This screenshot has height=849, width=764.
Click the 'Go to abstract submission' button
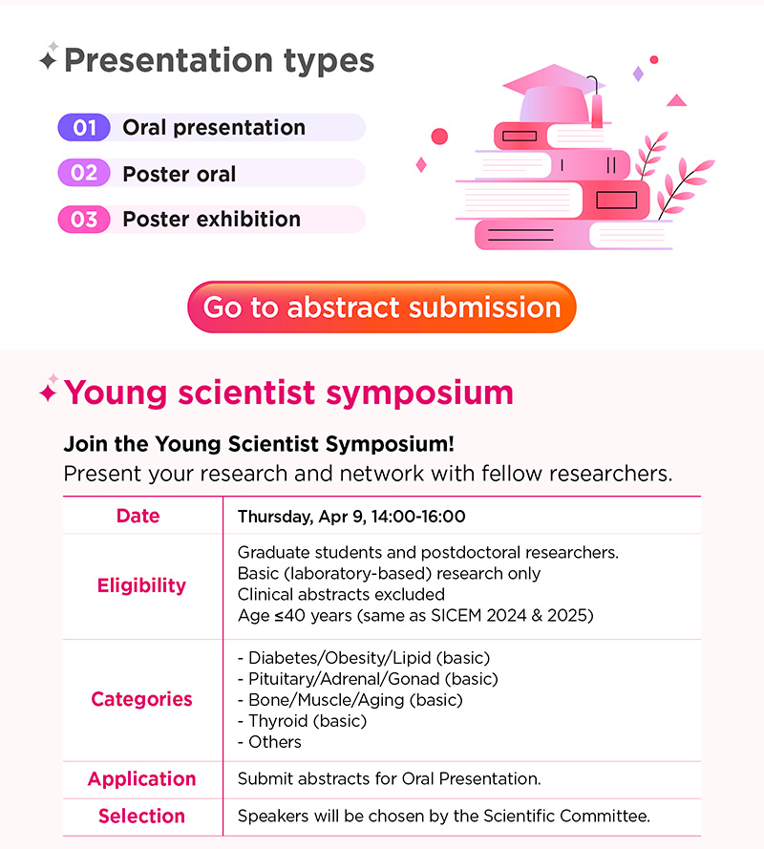point(382,307)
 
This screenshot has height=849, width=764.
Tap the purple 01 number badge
point(84,128)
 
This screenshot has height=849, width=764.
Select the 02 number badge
point(84,173)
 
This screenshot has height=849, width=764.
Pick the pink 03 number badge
point(84,220)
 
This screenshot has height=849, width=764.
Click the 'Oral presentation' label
point(214,128)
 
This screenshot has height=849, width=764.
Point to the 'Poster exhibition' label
point(212,220)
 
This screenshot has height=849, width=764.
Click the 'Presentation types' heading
point(220,60)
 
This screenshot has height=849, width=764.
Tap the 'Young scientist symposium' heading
point(288,392)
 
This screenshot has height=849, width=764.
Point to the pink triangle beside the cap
point(677,100)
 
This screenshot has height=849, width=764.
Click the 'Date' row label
point(138,516)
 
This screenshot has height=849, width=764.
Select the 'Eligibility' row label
point(142,585)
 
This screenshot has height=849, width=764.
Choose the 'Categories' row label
point(142,700)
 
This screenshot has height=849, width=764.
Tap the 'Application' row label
point(142,779)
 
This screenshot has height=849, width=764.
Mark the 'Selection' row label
point(142,816)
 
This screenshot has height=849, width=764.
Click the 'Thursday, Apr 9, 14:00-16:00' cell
point(351,517)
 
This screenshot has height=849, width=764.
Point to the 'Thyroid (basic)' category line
point(302,721)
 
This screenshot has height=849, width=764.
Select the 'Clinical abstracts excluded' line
point(341,595)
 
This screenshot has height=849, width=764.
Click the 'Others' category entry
point(269,742)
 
